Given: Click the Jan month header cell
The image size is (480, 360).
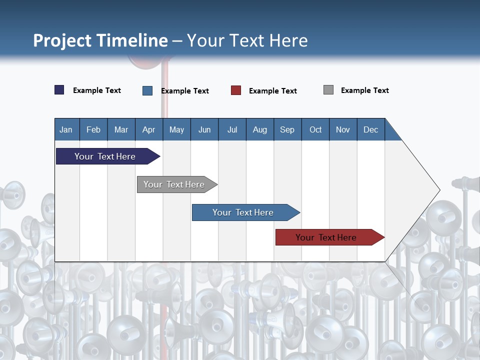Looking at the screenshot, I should click(66, 129).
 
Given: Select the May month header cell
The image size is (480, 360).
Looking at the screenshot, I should click(176, 129).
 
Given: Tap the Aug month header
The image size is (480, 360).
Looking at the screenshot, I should click(259, 129).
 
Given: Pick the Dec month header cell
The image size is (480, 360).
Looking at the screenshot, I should click(370, 129).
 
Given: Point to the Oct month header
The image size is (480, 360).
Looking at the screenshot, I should click(315, 129).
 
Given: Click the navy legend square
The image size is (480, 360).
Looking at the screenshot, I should click(59, 90).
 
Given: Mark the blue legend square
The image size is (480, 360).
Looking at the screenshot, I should click(147, 90).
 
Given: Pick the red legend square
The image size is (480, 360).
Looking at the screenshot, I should click(236, 90).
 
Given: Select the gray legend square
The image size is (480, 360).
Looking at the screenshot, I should click(328, 90).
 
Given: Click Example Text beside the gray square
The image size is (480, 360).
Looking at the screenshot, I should click(364, 90).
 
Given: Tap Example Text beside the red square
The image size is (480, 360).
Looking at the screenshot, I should click(272, 91).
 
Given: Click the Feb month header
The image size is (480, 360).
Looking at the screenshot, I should click(93, 129).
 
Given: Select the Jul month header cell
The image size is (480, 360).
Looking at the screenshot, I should click(232, 129).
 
